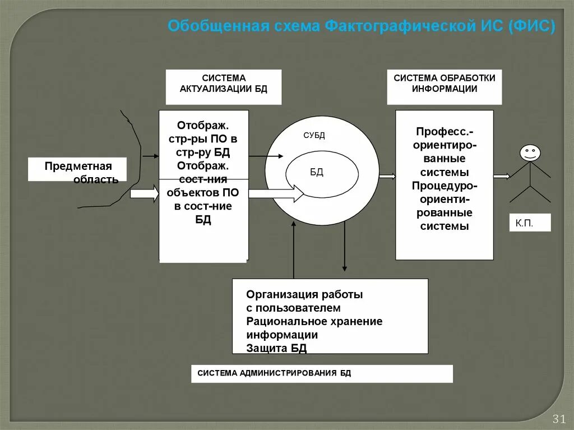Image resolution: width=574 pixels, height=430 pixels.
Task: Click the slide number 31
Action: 558,419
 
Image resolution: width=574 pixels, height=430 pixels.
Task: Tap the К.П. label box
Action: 530,223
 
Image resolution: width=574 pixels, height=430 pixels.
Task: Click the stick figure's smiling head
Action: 529,152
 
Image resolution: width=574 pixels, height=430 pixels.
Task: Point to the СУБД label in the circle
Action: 314,136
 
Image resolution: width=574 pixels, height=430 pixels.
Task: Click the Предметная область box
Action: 77,169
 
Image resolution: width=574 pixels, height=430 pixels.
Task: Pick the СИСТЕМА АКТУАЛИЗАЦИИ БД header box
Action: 223,87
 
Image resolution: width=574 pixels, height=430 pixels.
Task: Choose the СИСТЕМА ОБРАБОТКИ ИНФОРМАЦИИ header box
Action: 444,87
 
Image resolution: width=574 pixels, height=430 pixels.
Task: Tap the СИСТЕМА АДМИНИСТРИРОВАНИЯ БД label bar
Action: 321,373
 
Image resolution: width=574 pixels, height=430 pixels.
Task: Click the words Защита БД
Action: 276,348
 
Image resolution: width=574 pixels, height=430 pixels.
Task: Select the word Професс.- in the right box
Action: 445,131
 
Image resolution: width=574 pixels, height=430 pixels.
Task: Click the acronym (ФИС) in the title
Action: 532,26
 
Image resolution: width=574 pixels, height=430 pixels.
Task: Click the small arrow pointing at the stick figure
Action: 502,177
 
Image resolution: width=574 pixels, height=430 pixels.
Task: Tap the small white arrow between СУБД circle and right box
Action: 387,177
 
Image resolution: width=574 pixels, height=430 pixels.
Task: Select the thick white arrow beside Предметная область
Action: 145,193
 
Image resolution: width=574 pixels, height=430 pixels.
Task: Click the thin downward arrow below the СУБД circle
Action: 344,252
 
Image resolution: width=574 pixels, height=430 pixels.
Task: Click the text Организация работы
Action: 304,294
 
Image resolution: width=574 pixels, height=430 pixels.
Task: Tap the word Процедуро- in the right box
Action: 445,185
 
